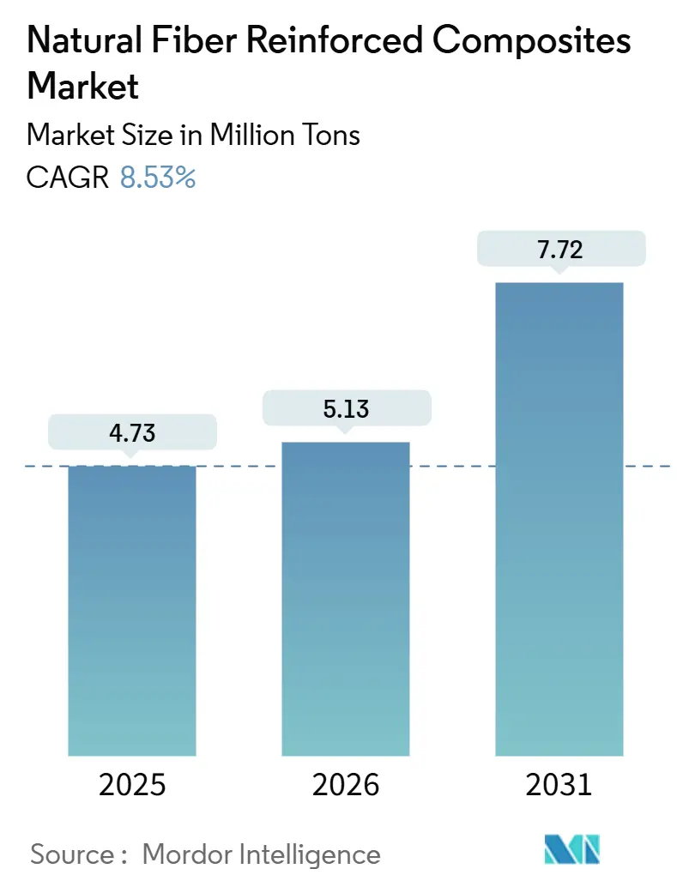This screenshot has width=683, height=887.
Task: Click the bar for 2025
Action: point(132,610)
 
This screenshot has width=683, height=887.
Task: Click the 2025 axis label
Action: point(132,785)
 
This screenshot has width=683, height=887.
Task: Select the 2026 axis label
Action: point(346,785)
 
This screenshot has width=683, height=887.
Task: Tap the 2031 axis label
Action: point(559,785)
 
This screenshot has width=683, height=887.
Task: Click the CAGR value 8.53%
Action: point(158,178)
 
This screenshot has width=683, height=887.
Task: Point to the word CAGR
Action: point(68,178)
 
